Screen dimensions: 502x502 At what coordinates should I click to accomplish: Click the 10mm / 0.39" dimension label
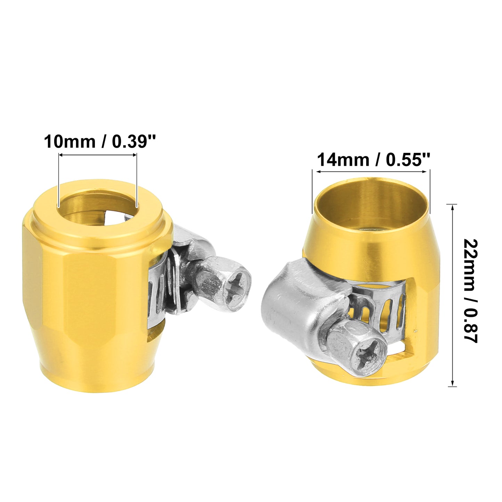point(100,142)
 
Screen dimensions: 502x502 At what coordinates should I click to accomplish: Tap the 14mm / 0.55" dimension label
point(373,159)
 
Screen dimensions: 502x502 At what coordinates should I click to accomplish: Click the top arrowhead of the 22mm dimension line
point(454,207)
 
